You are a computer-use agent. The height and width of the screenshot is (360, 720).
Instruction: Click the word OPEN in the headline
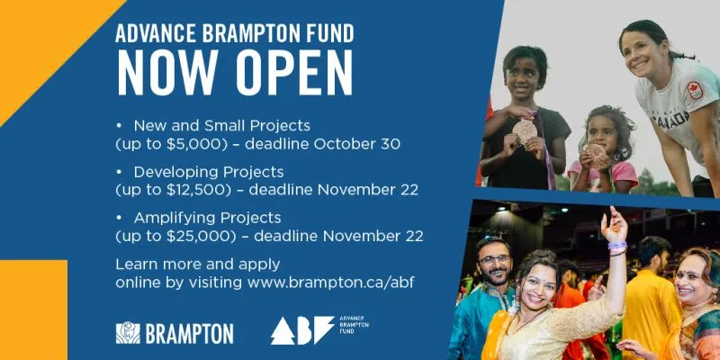(x=294, y=72)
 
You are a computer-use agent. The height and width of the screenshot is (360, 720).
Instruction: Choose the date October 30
(x=356, y=144)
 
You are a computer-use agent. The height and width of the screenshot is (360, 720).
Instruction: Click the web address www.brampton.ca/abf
(x=330, y=283)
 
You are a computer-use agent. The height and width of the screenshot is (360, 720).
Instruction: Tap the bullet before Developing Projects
(x=120, y=172)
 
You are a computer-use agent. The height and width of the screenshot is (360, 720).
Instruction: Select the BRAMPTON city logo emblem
(x=128, y=333)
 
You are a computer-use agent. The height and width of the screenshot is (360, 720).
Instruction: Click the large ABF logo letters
(x=302, y=330)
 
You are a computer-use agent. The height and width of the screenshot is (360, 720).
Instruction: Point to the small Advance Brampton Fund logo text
(x=354, y=324)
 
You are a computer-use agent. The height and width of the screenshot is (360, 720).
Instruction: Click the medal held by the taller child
(x=525, y=130)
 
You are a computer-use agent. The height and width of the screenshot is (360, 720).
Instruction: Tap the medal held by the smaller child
(x=596, y=153)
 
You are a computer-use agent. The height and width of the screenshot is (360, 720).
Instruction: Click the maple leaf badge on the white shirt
(x=695, y=91)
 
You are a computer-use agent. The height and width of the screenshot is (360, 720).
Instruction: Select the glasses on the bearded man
(x=494, y=259)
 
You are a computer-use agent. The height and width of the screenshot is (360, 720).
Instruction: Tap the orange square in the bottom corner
(x=33, y=310)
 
